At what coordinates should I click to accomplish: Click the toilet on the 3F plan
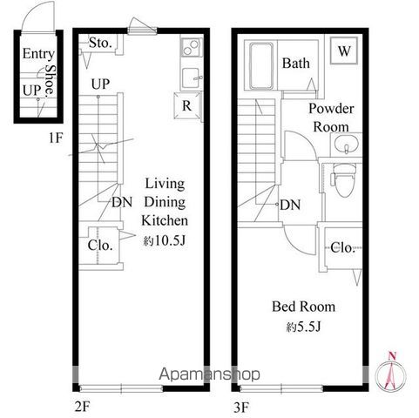coord(344,180)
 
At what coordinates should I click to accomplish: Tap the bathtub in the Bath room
coord(261,66)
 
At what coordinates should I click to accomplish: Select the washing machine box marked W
coord(344,51)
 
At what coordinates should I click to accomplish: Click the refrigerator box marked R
coord(187,105)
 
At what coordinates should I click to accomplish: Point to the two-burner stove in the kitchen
coord(192,48)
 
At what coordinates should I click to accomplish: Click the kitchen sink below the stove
coord(191,78)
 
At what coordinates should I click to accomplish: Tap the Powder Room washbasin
coord(346,145)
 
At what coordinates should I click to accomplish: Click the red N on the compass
coord(392,355)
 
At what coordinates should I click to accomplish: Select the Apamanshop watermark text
coord(209,374)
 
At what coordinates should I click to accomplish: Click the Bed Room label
coord(303,307)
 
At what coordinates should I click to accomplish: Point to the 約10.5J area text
coord(164,240)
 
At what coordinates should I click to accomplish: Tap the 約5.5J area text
coord(303,327)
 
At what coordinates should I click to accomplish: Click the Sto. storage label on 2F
coord(100,43)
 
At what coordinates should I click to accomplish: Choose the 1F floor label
coord(56,138)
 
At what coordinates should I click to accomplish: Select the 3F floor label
coord(241,408)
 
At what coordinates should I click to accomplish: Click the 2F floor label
coord(82,407)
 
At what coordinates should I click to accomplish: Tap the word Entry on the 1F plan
coord(38,54)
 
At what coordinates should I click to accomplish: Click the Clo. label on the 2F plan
coord(100,246)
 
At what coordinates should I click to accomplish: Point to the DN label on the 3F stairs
coord(290,205)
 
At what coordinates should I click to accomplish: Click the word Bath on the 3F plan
coord(296,63)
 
